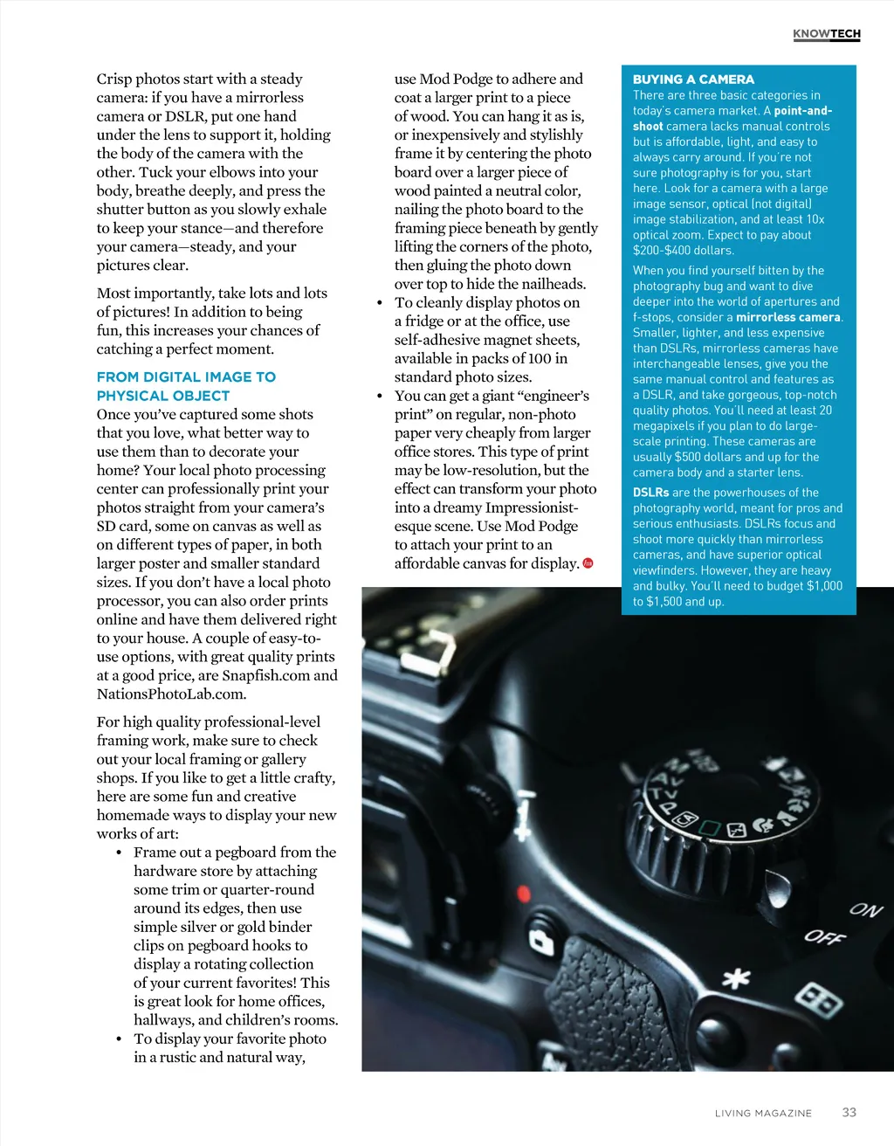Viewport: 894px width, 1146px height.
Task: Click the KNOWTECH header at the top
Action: (826, 34)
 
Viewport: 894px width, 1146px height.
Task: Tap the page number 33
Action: (849, 1112)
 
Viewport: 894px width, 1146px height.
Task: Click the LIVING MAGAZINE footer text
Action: (763, 1113)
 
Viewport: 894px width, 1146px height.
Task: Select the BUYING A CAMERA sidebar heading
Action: (693, 79)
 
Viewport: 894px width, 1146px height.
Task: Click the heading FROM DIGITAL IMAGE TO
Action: (186, 376)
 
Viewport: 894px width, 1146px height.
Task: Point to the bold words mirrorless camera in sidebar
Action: (788, 317)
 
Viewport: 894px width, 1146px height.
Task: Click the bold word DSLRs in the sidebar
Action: (650, 493)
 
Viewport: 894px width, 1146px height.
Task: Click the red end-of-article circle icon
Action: (588, 563)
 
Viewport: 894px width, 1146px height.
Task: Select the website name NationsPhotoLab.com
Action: (171, 694)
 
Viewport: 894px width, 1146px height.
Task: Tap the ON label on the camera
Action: (866, 909)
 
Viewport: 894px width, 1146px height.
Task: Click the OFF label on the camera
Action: (824, 937)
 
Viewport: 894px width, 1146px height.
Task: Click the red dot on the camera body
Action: (525, 894)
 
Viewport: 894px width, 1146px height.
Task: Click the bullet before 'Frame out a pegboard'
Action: (119, 853)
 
